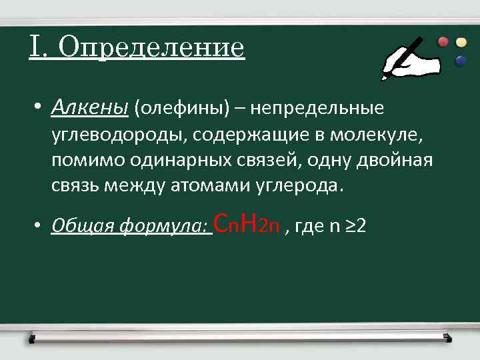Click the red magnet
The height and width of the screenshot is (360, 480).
coord(443,41)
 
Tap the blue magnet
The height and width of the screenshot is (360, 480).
coord(460,61)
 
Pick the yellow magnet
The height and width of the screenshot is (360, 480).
coord(461,41)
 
